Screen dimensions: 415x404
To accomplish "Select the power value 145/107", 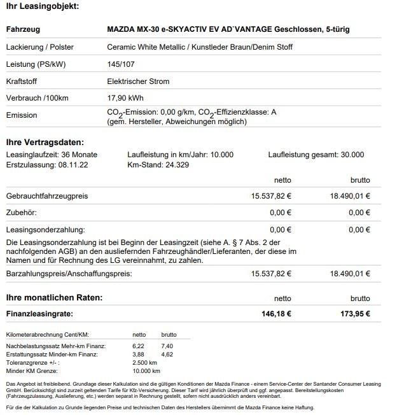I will pos(120,64).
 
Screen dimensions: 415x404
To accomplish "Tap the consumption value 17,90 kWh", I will pos(125,99).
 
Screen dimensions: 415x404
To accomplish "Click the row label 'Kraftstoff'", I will pos(22,81).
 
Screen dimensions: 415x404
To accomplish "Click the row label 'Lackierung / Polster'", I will pos(39,47).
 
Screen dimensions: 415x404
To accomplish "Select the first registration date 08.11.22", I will pos(74,164).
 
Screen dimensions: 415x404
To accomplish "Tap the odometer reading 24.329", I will pos(168,164).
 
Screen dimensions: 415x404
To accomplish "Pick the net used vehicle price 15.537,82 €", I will pos(272,196).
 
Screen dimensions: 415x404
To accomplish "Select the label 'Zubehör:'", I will pos(21,213).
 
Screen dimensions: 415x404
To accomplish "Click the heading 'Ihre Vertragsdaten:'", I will pos(44,143).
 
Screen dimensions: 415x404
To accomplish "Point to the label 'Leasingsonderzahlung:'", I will pos(45,229).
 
